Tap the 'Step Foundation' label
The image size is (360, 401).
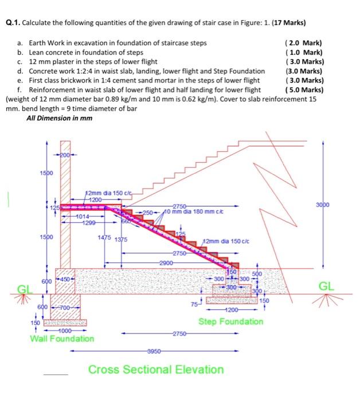[231, 321]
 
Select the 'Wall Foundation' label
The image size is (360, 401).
[62, 339]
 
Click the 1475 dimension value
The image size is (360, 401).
[104, 238]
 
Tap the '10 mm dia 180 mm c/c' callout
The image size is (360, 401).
[189, 211]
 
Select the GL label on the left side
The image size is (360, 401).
[24, 289]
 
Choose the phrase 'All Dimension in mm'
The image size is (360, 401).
[59, 117]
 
